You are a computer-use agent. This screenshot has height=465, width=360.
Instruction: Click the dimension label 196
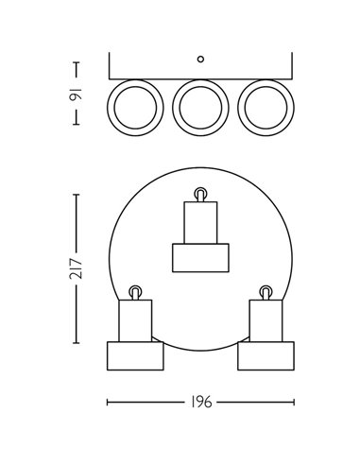coord(199,402)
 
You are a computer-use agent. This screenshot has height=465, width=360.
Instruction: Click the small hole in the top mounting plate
coord(199,59)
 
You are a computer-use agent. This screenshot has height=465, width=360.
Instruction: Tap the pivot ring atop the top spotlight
coord(199,194)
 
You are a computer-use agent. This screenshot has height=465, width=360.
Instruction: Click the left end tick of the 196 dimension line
coord(107,402)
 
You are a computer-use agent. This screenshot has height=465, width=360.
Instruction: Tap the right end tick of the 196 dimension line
coord(292,402)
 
